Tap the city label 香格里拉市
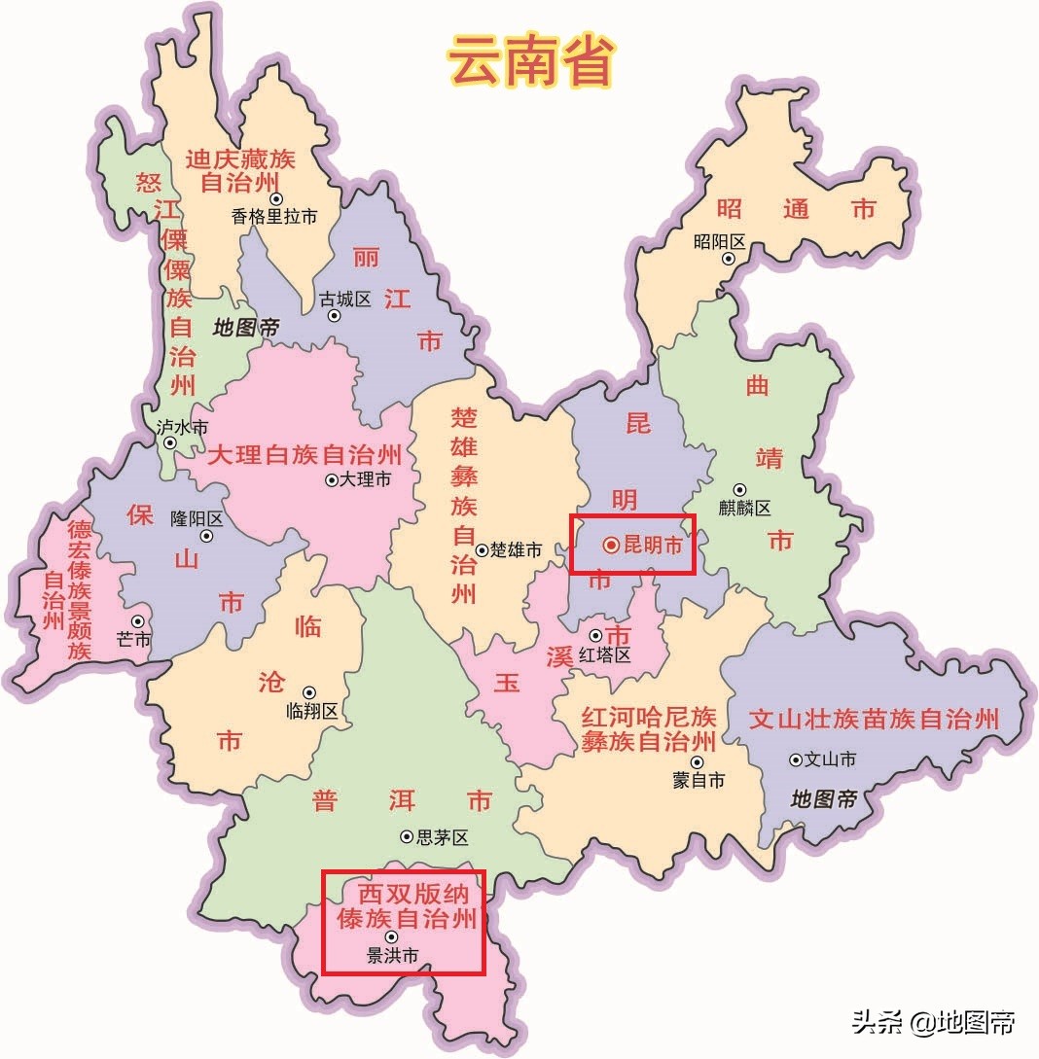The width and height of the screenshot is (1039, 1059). click(274, 218)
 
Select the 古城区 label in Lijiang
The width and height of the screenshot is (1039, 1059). click(346, 299)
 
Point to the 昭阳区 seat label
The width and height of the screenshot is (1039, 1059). click(720, 242)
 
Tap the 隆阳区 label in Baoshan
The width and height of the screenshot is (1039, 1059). click(197, 518)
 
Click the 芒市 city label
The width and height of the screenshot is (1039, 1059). click(134, 639)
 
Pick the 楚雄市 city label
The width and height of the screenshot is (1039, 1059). click(516, 550)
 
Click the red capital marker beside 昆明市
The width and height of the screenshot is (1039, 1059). click(610, 546)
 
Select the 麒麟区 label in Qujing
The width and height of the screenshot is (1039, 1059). click(745, 508)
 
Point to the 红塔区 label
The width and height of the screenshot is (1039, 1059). click(605, 654)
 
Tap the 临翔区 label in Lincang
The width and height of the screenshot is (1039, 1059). click(312, 711)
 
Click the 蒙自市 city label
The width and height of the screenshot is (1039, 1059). click(699, 780)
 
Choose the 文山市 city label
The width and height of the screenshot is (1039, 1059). click(830, 759)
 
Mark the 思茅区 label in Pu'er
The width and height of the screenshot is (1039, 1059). click(443, 837)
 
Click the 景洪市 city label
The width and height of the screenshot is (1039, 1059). click(393, 956)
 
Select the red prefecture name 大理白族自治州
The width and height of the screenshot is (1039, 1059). click(305, 454)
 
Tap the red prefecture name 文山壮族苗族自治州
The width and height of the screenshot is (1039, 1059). click(874, 720)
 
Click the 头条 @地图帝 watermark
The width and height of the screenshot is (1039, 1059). click(934, 1022)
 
